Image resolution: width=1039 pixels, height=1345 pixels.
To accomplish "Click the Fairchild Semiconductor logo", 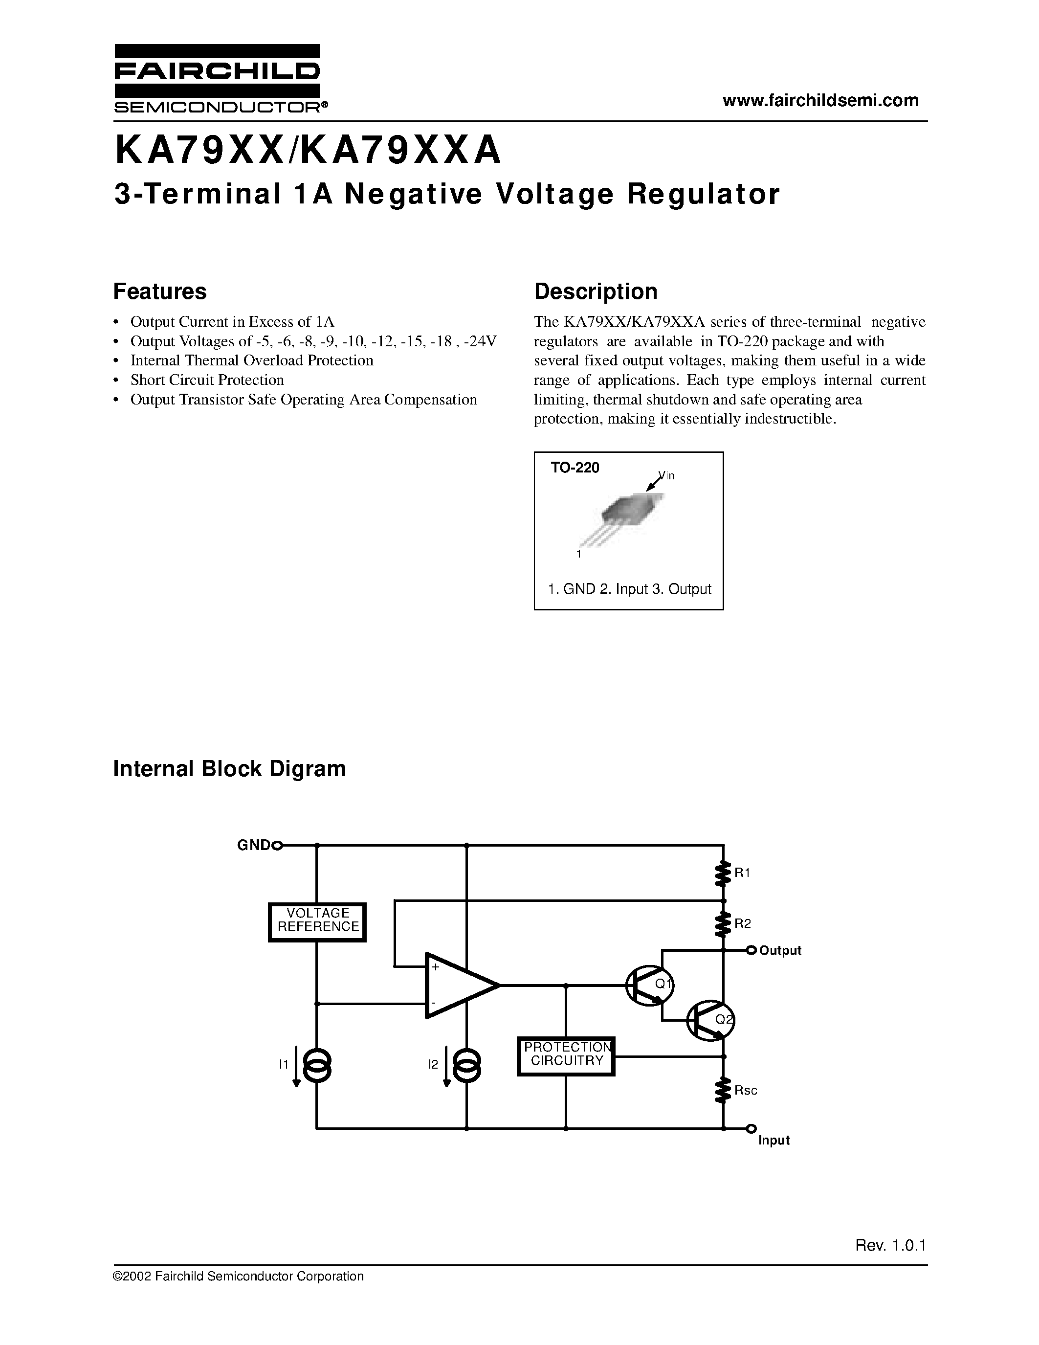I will tap(217, 79).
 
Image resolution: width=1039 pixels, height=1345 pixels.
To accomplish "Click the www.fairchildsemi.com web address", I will tap(820, 100).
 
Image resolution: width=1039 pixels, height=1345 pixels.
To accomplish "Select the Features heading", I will tap(159, 291).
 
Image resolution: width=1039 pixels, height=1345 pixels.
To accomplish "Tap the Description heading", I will tap(595, 291).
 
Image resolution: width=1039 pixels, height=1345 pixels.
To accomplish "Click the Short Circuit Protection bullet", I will tap(207, 380).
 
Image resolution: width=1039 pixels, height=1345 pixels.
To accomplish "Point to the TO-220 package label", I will tap(575, 468).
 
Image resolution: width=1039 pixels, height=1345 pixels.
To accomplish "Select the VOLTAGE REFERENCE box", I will tap(318, 922).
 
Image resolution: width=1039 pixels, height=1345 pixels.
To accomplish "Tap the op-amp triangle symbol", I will tap(456, 986).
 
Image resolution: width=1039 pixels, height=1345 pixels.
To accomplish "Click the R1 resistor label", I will tap(742, 873).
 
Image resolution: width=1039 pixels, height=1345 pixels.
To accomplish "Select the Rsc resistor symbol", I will tap(723, 1091).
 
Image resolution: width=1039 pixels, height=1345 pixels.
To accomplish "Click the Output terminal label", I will tap(780, 950).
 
